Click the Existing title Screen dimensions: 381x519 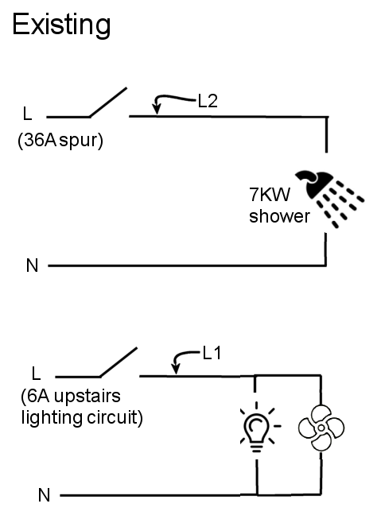click(x=61, y=25)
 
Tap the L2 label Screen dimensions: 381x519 click(x=208, y=101)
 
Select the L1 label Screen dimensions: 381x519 click(x=212, y=353)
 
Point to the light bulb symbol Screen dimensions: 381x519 click(x=257, y=427)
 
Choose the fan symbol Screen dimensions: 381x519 click(x=321, y=428)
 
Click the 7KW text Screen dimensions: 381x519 click(x=270, y=194)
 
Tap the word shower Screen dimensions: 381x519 click(x=279, y=216)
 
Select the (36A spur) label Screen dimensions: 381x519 click(x=60, y=141)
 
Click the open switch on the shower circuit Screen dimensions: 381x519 click(x=108, y=103)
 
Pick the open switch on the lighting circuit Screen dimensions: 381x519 click(x=119, y=362)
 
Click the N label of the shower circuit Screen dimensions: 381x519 click(x=32, y=265)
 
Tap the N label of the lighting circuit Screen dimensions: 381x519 click(x=44, y=495)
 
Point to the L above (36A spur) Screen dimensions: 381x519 click(x=28, y=113)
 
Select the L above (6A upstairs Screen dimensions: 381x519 click(x=36, y=374)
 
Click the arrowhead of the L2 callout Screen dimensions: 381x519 click(x=157, y=109)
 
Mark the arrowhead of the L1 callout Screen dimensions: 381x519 click(x=176, y=369)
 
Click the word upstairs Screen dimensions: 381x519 click(x=87, y=396)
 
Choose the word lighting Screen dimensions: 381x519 click(x=52, y=418)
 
